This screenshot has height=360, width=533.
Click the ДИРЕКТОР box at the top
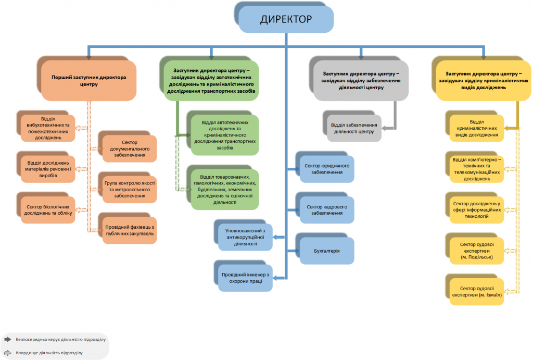[x=286, y=20]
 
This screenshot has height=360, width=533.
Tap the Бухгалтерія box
[x=326, y=251]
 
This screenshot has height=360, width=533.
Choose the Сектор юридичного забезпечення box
[x=326, y=169]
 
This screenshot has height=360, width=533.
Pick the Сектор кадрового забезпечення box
[x=326, y=210]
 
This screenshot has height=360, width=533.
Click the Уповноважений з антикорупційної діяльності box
[x=245, y=237]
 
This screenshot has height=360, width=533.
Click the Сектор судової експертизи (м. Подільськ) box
[x=477, y=250]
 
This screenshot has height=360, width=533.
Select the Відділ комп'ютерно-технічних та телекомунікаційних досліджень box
[x=477, y=169]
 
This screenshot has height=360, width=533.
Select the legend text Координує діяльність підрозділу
[x=49, y=353]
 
